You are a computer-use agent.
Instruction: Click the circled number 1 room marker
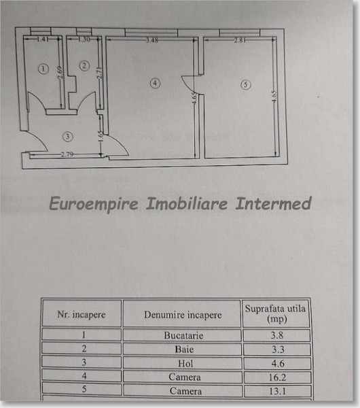click(x=43, y=69)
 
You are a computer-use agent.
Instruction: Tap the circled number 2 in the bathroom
click(x=84, y=66)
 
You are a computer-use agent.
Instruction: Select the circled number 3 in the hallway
click(x=68, y=137)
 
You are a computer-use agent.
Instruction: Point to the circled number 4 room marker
click(x=155, y=83)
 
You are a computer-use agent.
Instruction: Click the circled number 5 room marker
click(x=246, y=85)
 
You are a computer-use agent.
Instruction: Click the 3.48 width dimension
click(x=151, y=40)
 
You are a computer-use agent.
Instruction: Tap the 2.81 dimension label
click(x=239, y=40)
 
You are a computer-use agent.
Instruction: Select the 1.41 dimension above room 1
click(x=42, y=39)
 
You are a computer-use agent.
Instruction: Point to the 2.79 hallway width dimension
click(x=67, y=154)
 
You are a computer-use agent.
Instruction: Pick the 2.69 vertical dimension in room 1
click(x=60, y=73)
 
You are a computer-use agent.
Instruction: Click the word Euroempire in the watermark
click(x=94, y=204)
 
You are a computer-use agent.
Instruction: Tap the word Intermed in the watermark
click(x=273, y=203)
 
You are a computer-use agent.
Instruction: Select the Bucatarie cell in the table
click(x=183, y=335)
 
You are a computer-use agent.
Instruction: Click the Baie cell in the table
click(x=184, y=350)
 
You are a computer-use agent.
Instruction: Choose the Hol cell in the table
click(x=185, y=364)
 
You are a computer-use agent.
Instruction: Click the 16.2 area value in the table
click(x=277, y=377)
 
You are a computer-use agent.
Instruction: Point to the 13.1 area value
click(x=277, y=391)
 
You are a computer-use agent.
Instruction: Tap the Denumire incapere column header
click(x=183, y=315)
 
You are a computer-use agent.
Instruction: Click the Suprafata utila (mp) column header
click(x=275, y=313)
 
